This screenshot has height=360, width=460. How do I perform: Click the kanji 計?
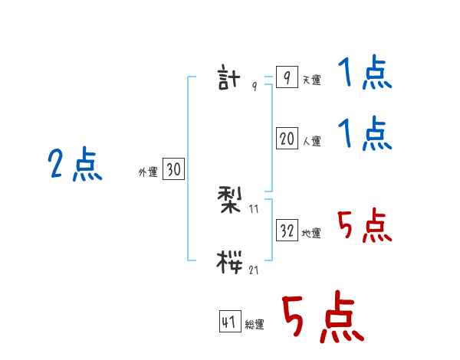click(x=230, y=79)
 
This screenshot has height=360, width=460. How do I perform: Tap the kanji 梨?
click(x=230, y=200)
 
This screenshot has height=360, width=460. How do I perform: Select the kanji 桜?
click(x=230, y=262)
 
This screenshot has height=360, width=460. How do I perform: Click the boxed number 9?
click(x=286, y=78)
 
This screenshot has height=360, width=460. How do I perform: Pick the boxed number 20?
click(x=287, y=139)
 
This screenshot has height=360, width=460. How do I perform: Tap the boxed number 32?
click(x=287, y=231)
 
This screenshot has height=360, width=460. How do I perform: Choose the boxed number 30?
click(x=173, y=170)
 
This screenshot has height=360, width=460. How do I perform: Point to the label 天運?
click(x=311, y=80)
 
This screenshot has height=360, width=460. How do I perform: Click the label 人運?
click(x=311, y=141)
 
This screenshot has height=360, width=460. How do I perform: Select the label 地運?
click(x=311, y=233)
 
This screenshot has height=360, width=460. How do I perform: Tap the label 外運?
click(x=148, y=172)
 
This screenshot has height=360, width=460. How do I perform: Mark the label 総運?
click(x=254, y=325)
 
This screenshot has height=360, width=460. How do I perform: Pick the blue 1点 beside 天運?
click(x=365, y=74)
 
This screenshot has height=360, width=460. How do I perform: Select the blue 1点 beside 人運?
click(x=365, y=135)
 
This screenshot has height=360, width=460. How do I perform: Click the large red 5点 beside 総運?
click(x=322, y=318)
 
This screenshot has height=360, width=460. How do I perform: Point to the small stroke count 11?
click(x=255, y=208)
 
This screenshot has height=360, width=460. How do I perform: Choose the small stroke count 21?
click(x=253, y=270)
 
